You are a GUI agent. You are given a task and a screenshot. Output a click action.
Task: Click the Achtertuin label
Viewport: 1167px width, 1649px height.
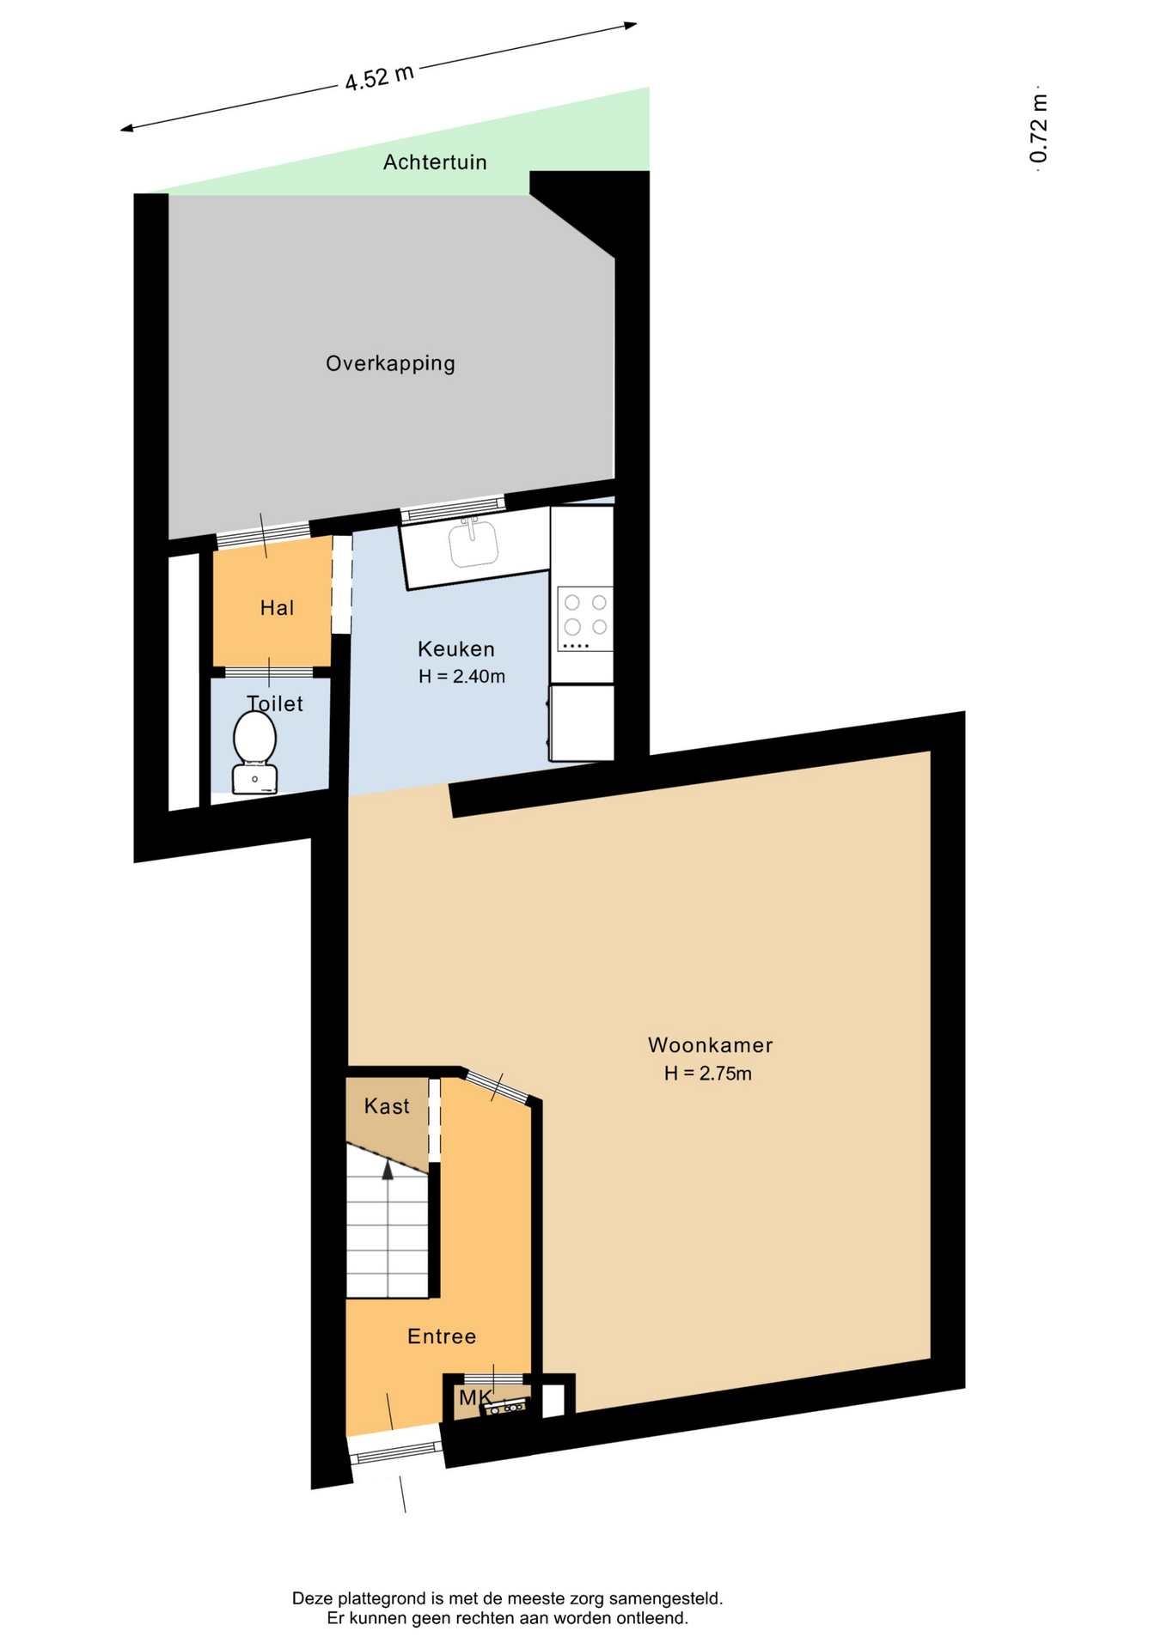[435, 162]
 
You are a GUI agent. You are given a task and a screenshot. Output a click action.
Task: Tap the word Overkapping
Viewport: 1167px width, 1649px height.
[391, 363]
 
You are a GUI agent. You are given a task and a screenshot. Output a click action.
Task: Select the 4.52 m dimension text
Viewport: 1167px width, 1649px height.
[380, 77]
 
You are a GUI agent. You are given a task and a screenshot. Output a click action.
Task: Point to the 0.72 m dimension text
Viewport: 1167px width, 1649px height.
[1039, 128]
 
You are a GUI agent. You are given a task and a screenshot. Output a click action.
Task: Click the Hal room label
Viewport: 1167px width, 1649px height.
[277, 608]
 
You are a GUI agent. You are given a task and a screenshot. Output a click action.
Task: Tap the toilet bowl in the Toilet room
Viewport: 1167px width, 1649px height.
[254, 752]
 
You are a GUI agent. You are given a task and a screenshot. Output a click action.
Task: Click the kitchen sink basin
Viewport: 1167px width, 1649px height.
[474, 545]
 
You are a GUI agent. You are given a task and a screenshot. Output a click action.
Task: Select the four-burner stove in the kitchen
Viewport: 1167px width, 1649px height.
[585, 618]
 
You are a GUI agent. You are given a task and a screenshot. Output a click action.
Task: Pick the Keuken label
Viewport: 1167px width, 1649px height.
[456, 648]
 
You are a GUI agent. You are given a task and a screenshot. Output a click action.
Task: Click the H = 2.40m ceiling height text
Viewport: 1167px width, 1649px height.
[461, 677]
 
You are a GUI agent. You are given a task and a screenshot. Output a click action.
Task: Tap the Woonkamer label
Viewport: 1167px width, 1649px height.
[710, 1045]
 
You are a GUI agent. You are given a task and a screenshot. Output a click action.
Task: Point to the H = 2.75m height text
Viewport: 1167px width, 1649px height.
[707, 1074]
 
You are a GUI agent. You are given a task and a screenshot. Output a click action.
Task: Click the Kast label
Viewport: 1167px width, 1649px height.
[387, 1106]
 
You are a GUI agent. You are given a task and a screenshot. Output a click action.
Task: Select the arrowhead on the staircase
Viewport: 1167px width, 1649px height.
[388, 1169]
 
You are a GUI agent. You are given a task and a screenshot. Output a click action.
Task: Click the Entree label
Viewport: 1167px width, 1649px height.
[442, 1336]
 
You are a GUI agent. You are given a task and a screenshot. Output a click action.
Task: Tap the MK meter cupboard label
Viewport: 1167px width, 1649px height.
[475, 1397]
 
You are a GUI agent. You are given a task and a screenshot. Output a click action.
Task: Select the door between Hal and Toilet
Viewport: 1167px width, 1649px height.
[269, 672]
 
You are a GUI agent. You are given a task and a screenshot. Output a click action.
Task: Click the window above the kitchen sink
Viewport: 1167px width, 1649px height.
[453, 509]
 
